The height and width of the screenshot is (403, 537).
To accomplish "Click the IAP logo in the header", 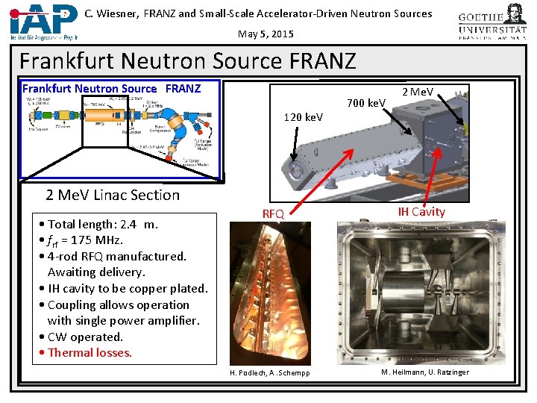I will (x=43, y=21).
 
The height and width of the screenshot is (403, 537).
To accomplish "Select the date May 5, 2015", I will (x=266, y=34).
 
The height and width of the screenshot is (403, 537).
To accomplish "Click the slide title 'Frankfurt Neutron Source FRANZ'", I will (x=188, y=60).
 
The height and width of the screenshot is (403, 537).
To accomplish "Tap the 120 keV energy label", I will (x=304, y=117).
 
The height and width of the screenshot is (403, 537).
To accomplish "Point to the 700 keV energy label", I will (x=366, y=102).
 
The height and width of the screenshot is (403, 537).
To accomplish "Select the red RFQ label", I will (x=273, y=213).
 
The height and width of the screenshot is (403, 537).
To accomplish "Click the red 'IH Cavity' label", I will (x=421, y=212).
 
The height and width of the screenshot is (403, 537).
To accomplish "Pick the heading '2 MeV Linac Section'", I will (x=113, y=195).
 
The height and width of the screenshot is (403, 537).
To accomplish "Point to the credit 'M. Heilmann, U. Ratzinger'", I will (x=425, y=372).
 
